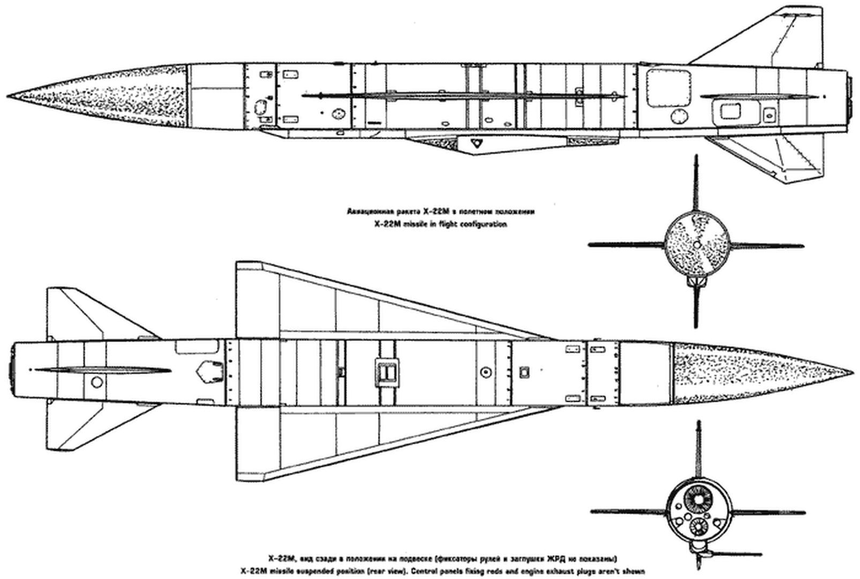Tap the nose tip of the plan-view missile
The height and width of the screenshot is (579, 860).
pyautogui.click(x=852, y=372)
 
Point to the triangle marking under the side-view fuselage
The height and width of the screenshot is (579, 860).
pyautogui.click(x=475, y=143)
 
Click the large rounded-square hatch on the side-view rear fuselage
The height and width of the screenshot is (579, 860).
pyautogui.click(x=668, y=87)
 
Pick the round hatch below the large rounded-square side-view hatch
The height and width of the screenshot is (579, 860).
pyautogui.click(x=678, y=116)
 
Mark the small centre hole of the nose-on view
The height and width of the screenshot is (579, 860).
pyautogui.click(x=696, y=244)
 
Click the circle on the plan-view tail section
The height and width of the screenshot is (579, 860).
pyautogui.click(x=97, y=382)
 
